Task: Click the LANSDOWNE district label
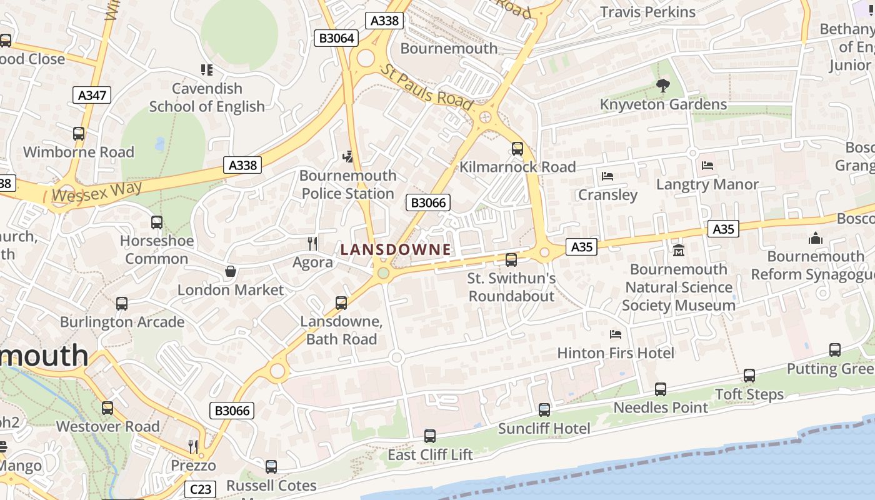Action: [396, 249]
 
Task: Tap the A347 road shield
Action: [92, 95]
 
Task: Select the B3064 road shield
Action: [337, 38]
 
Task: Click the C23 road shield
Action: [199, 489]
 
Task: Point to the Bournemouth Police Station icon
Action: [348, 156]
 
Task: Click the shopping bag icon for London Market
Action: [231, 271]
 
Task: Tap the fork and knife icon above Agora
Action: [312, 243]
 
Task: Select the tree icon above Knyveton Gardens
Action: [663, 86]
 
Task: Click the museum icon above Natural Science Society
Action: [679, 250]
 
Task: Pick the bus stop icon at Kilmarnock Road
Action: [517, 149]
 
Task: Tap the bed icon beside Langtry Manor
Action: [707, 166]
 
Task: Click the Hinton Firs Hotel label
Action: [616, 353]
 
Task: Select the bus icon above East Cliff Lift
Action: [430, 436]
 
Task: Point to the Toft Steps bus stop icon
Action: [749, 376]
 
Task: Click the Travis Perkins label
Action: [647, 12]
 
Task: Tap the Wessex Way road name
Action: [97, 191]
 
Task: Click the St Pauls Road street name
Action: [428, 88]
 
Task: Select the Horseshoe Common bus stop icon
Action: [157, 222]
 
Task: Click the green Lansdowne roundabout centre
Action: [383, 273]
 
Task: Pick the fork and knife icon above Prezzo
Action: [193, 446]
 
